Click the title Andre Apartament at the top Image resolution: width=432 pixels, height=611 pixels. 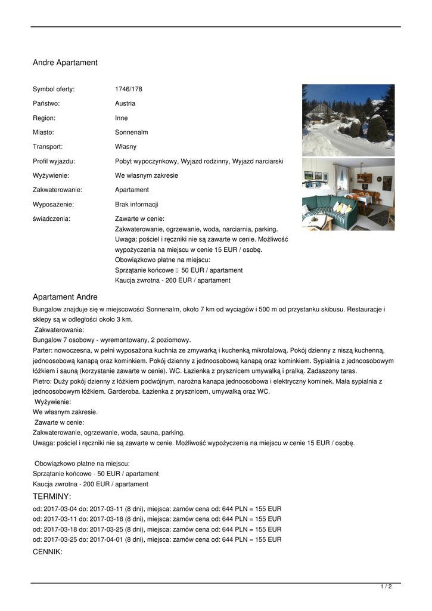tap(65, 63)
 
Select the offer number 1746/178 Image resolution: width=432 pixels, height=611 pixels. tap(129, 90)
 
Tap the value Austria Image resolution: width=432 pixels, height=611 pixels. tap(125, 104)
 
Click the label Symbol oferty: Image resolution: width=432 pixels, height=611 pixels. tap(54, 90)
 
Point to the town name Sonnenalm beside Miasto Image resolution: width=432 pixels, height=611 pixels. tap(131, 132)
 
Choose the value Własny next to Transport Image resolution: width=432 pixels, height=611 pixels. tap(126, 147)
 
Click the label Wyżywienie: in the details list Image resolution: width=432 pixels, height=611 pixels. tap(51, 176)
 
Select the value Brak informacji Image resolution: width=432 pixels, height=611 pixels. tap(136, 205)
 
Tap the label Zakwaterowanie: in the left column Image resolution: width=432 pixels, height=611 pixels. tap(57, 190)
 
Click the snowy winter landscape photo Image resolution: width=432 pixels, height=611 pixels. tap(348, 120)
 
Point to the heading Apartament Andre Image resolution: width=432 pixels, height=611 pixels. tap(65, 297)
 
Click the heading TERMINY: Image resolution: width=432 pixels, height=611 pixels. tap(52, 497)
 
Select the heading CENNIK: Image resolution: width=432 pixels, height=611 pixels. tap(48, 552)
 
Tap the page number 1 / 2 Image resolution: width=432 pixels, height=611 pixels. tap(386, 587)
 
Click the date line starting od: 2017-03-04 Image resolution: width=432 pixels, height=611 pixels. tap(157, 508)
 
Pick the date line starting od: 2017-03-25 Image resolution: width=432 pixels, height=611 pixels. tap(157, 540)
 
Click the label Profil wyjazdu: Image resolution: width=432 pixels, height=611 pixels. tap(54, 162)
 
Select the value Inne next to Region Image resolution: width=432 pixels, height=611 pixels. tap(122, 118)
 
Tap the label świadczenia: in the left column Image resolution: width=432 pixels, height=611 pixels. tap(51, 219)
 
